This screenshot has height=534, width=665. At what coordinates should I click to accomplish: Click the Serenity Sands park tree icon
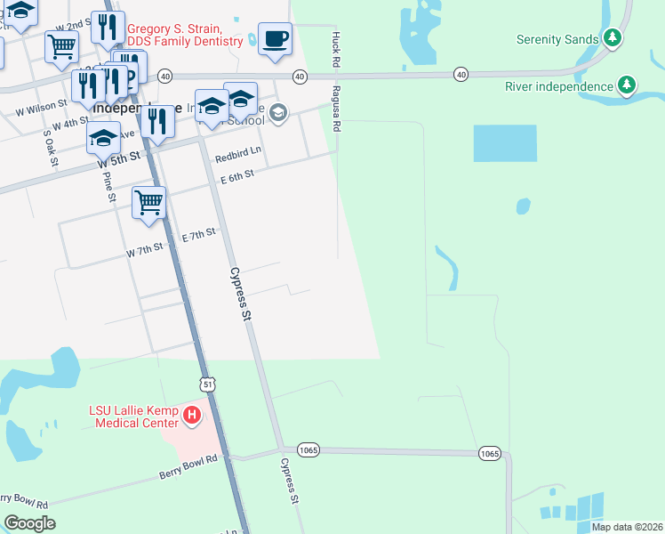612,38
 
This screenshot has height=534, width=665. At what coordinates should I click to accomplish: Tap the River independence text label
559,86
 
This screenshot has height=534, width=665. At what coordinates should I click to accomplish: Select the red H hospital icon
190,415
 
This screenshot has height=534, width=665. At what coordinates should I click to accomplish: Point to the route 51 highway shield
207,384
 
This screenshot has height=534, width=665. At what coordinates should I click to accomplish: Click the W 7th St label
145,251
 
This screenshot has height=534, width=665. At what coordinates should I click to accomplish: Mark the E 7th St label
199,235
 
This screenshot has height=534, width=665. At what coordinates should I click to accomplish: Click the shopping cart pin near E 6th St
148,202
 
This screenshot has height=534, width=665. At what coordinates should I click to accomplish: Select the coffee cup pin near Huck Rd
275,39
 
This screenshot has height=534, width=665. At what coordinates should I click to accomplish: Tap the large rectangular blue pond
505,143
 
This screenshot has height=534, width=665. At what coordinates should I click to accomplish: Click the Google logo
29,523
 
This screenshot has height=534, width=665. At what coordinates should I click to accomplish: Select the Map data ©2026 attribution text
626,527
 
